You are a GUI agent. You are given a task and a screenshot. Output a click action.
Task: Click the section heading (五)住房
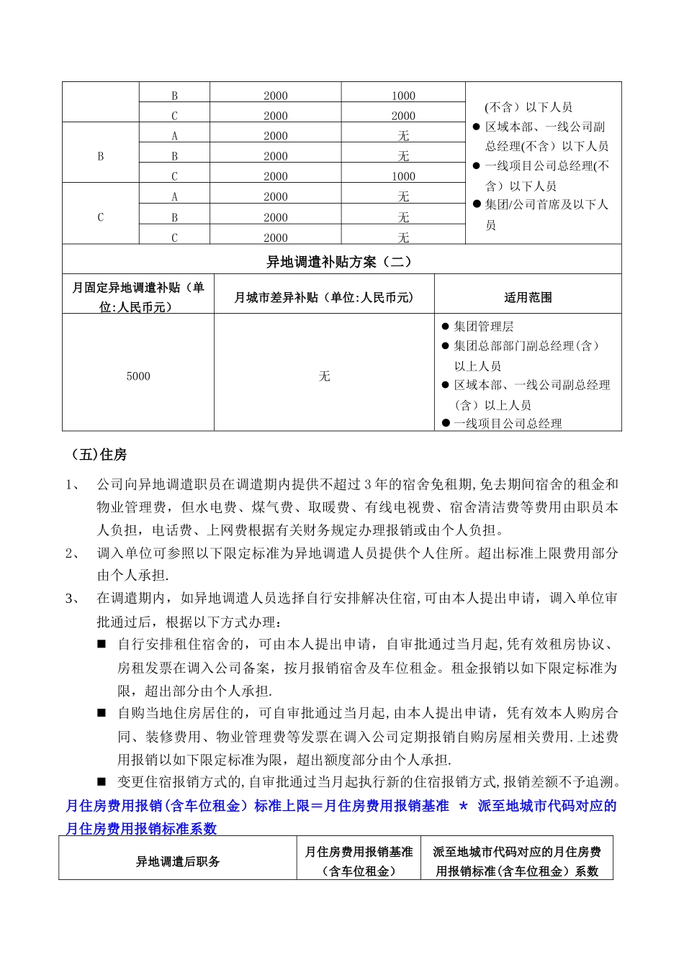pyautogui.click(x=99, y=455)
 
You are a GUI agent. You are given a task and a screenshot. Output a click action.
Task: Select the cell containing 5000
pyautogui.click(x=138, y=376)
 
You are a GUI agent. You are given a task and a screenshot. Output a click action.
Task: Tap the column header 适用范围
pyautogui.click(x=528, y=297)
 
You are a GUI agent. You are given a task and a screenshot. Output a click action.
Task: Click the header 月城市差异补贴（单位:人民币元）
pyautogui.click(x=324, y=297)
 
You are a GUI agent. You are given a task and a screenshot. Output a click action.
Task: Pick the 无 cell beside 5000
pyautogui.click(x=324, y=376)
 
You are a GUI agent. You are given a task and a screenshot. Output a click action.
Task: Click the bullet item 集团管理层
pyautogui.click(x=483, y=327)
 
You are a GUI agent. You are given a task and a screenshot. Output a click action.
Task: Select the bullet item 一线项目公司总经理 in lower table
pyautogui.click(x=507, y=424)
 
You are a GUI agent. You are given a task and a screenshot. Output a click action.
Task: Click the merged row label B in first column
pyautogui.click(x=100, y=156)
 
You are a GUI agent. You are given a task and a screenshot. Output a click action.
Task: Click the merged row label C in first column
pyautogui.click(x=100, y=217)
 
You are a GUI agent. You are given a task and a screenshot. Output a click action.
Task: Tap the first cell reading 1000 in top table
pyautogui.click(x=403, y=96)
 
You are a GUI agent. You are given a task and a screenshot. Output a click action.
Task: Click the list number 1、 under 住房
pyautogui.click(x=74, y=485)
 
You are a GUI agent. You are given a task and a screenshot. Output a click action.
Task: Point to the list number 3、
pyautogui.click(x=74, y=599)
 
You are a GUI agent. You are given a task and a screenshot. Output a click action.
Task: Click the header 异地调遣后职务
pyautogui.click(x=178, y=861)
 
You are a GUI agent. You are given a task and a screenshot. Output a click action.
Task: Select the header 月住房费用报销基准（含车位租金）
pyautogui.click(x=359, y=861)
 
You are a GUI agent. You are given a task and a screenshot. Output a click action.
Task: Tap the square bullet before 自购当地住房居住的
pyautogui.click(x=102, y=713)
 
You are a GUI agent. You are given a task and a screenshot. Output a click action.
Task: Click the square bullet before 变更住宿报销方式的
pyautogui.click(x=102, y=781)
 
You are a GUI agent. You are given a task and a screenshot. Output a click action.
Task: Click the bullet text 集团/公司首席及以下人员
pyautogui.click(x=546, y=214)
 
